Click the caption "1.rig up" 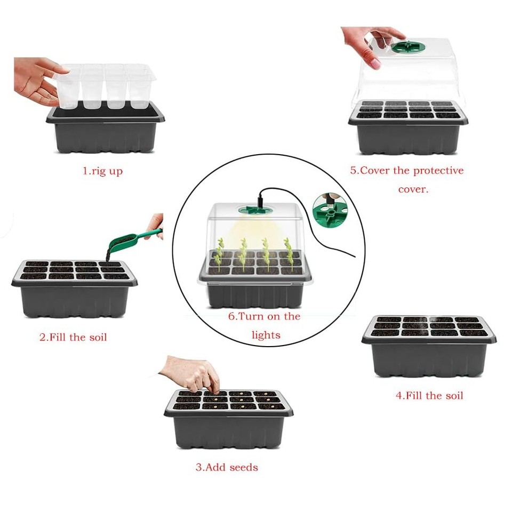pyautogui.click(x=102, y=172)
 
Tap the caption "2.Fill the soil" pyautogui.click(x=73, y=337)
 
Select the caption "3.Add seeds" pyautogui.click(x=227, y=467)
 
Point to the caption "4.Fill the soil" pyautogui.click(x=429, y=395)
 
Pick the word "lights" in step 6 pyautogui.click(x=266, y=335)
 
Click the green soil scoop pyautogui.click(x=131, y=241)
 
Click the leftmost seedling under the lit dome pyautogui.click(x=219, y=253)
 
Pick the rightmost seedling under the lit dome pyautogui.click(x=289, y=253)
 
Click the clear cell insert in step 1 pyautogui.click(x=107, y=85)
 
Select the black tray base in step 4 pyautogui.click(x=429, y=358)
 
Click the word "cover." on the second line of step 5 pyautogui.click(x=413, y=189)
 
